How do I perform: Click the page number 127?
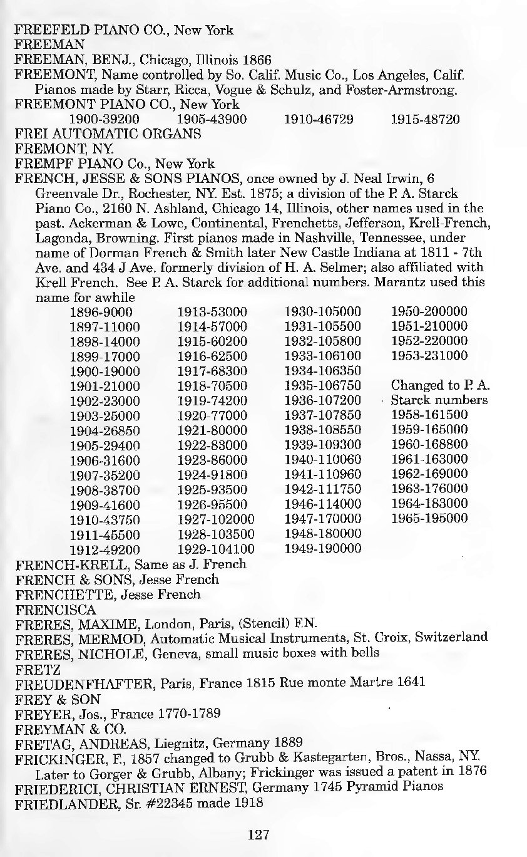coord(258,834)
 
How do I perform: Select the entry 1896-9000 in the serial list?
coord(101,312)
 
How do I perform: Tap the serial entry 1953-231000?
coord(429,356)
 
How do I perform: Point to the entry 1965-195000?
coord(429,518)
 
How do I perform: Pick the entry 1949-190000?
coord(323,549)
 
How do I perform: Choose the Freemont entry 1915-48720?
coord(425,119)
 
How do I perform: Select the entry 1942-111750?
coord(323,489)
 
